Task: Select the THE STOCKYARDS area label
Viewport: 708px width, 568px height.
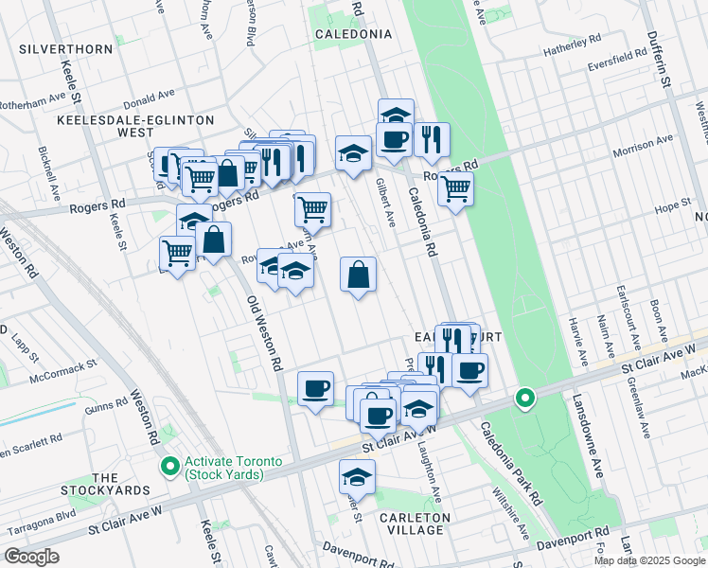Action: click(x=105, y=484)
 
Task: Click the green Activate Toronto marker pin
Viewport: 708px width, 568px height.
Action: click(x=170, y=466)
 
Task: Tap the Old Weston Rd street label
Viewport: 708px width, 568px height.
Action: click(x=264, y=332)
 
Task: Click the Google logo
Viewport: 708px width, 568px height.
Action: click(x=32, y=557)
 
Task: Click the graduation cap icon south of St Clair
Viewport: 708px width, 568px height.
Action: click(x=357, y=475)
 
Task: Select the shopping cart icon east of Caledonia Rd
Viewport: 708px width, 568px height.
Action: click(x=455, y=188)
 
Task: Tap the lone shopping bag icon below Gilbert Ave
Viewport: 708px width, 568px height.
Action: click(x=359, y=275)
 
